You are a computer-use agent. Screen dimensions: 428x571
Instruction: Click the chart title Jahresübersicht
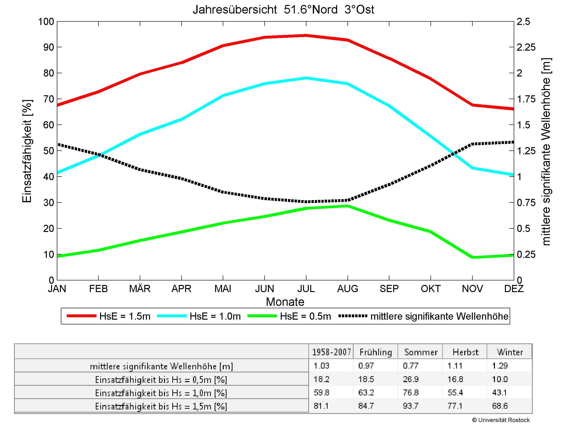(x=283, y=10)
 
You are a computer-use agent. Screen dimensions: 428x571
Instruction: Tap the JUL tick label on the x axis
(x=306, y=289)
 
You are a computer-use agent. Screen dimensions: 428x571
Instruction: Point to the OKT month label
(x=430, y=289)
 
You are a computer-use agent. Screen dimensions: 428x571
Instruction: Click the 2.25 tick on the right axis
(x=526, y=47)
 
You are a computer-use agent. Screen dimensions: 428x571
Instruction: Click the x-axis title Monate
(x=285, y=302)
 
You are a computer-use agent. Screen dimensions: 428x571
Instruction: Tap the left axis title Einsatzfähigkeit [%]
(x=27, y=151)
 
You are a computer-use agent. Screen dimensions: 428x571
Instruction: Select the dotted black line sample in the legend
(x=353, y=316)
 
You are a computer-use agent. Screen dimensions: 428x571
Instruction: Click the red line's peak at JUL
(x=306, y=36)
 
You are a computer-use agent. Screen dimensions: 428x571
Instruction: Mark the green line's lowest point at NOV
(x=472, y=257)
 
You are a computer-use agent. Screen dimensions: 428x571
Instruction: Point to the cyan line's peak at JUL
(x=306, y=78)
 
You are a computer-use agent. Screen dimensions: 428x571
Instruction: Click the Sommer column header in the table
(x=421, y=352)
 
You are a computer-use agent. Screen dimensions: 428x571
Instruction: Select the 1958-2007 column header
(x=331, y=352)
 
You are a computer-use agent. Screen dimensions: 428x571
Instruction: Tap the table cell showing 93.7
(x=411, y=406)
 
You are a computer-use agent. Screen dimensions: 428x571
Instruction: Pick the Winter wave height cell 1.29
(x=500, y=365)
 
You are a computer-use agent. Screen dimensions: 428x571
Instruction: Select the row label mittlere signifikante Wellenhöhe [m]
(x=161, y=366)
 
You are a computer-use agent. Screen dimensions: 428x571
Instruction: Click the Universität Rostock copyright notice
(x=501, y=420)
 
